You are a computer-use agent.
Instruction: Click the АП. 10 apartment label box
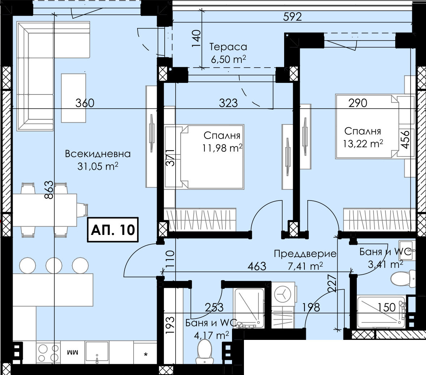113,229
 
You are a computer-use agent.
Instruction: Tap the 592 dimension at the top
292,17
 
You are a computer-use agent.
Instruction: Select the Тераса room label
228,47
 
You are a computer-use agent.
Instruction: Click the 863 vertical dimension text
49,190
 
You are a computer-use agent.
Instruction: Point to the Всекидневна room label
98,154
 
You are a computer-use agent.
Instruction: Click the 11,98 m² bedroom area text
222,148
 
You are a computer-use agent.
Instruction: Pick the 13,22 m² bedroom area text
363,143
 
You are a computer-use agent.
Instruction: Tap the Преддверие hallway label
305,254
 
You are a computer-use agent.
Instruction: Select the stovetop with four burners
48,353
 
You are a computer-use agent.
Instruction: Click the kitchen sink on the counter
97,353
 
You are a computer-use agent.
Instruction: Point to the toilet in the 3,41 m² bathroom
403,278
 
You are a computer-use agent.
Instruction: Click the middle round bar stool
54,265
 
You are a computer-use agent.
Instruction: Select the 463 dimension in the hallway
257,266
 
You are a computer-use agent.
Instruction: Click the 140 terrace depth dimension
197,38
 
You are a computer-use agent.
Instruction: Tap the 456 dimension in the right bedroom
405,140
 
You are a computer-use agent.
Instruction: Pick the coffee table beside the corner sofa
73,98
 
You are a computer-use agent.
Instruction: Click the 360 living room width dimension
85,103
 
